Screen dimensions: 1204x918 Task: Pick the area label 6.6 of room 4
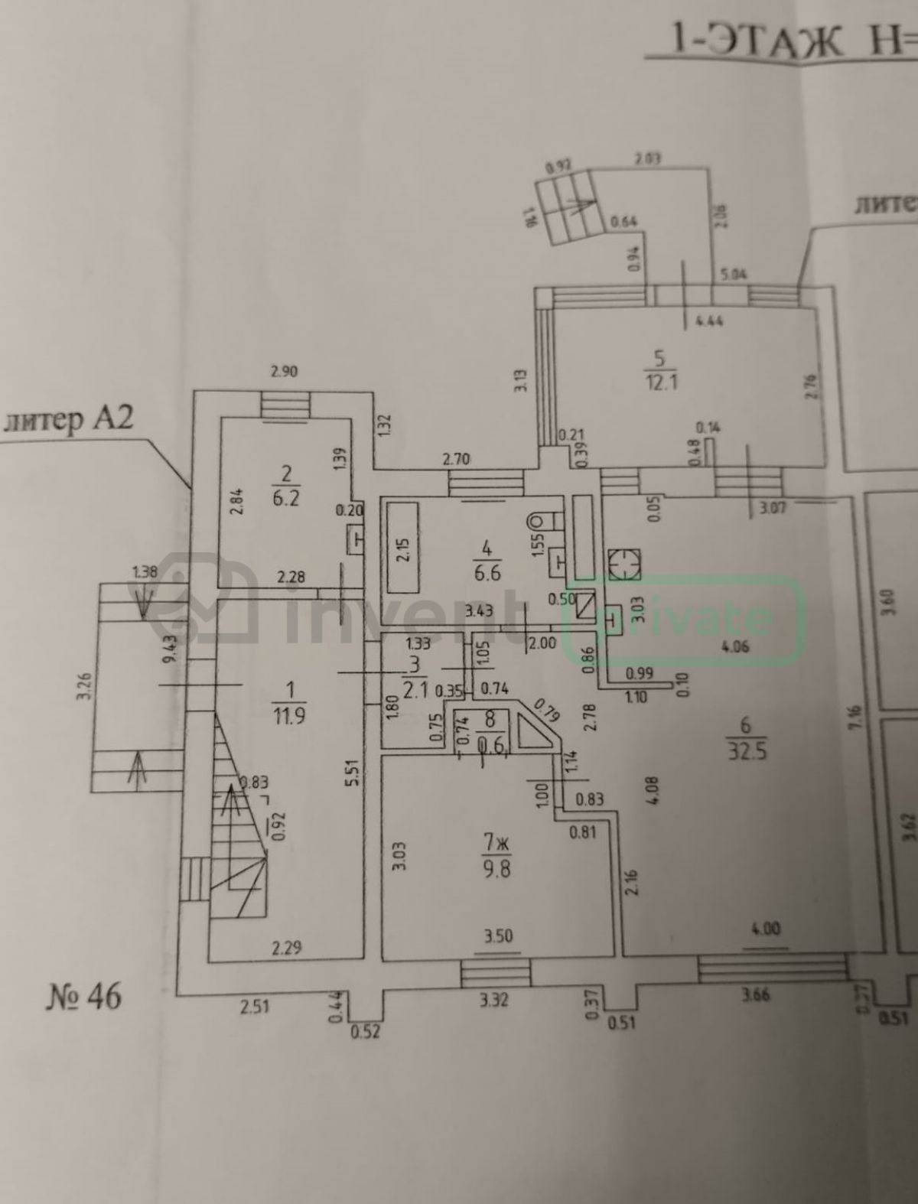[487, 571]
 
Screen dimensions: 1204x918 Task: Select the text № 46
[84, 997]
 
